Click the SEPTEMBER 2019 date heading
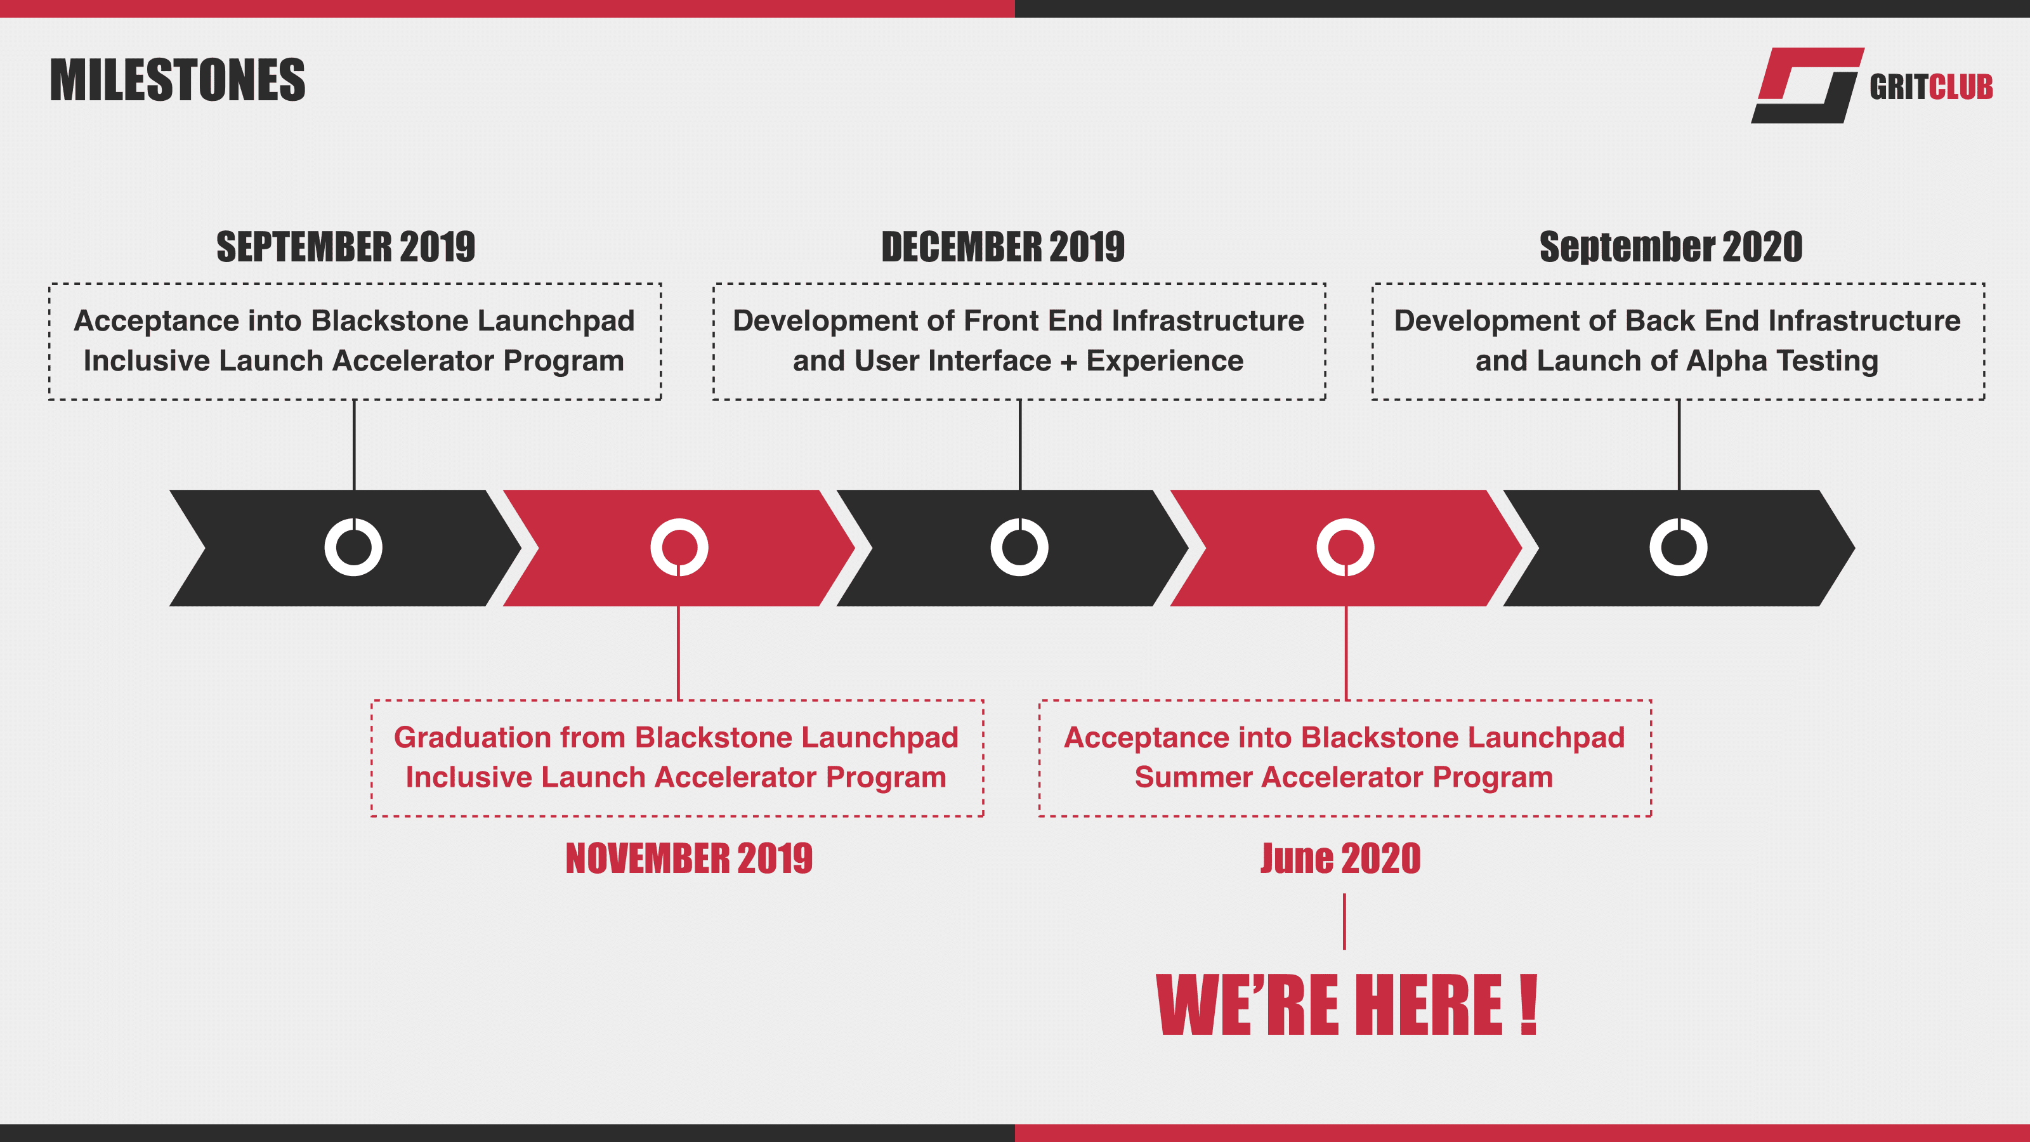[x=346, y=247]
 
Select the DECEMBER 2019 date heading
[x=1003, y=247]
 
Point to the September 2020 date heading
[x=1671, y=247]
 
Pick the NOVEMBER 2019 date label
[x=689, y=858]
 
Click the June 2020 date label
[x=1340, y=858]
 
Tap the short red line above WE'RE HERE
[x=1344, y=921]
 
